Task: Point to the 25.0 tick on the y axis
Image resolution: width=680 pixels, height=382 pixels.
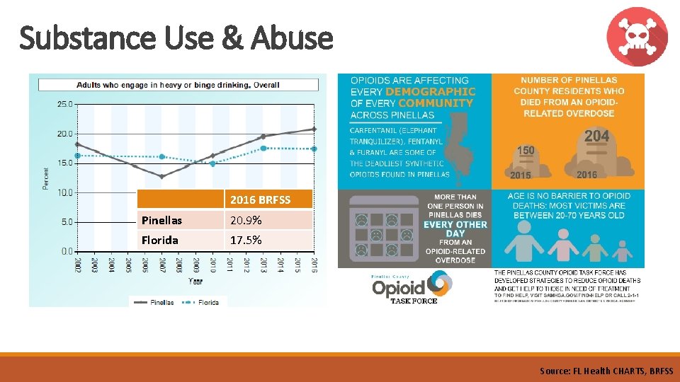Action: [64, 104]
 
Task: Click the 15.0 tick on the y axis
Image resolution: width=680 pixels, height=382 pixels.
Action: [64, 163]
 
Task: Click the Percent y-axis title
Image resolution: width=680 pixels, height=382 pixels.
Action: [47, 178]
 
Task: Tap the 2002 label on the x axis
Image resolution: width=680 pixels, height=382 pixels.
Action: [77, 265]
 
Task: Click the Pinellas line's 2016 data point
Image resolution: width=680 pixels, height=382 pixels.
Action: [314, 129]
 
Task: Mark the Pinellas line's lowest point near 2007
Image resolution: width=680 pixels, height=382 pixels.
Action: [161, 176]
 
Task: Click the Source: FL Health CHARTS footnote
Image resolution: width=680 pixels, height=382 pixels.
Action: [606, 371]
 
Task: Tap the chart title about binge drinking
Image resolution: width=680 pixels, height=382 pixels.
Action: [178, 85]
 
